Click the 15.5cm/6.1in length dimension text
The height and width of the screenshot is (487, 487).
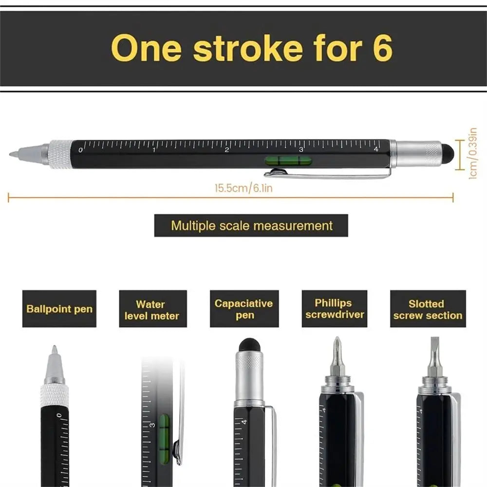[x=243, y=188]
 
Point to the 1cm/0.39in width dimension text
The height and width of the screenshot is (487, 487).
[x=472, y=153]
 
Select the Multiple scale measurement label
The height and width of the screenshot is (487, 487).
[x=251, y=225]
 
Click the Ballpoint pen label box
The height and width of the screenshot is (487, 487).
[x=59, y=309]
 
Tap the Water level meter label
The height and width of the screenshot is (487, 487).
[x=152, y=310]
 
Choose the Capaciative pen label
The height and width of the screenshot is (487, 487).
[x=244, y=309]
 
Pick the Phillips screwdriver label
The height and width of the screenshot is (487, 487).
[x=333, y=309]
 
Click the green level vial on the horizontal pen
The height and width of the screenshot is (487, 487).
[x=287, y=160]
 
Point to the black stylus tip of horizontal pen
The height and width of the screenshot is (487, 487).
[x=448, y=153]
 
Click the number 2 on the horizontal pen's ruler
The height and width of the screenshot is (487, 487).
[x=227, y=150]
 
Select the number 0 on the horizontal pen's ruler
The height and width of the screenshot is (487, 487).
[x=80, y=150]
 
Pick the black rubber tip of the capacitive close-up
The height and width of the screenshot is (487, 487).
[x=249, y=345]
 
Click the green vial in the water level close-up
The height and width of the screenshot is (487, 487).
[x=164, y=431]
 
